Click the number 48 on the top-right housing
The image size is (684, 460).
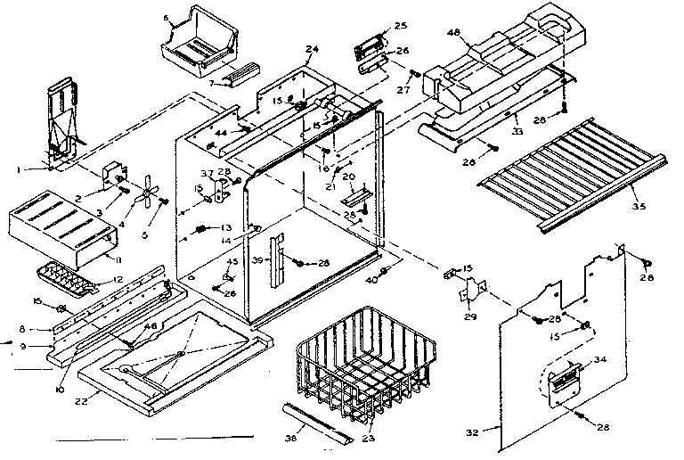pyautogui.click(x=454, y=33)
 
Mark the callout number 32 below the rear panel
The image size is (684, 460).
pyautogui.click(x=472, y=431)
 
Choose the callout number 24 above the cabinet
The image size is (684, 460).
pyautogui.click(x=312, y=50)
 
